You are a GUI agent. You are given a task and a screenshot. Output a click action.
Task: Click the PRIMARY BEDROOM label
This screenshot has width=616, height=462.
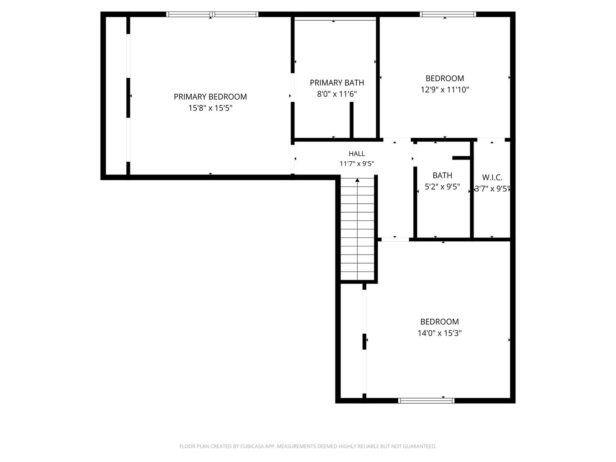pos(210,97)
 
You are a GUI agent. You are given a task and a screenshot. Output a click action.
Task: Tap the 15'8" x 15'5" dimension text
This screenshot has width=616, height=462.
pos(210,108)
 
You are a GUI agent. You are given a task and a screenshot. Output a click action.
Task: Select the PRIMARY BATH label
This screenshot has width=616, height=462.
pos(337,83)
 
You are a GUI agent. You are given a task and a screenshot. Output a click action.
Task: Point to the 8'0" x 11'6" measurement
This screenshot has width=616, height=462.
pos(337,94)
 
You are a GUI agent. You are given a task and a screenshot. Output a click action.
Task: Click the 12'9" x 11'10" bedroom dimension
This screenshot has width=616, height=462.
pos(445,90)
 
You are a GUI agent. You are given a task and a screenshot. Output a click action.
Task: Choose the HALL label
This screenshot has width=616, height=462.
pos(357,154)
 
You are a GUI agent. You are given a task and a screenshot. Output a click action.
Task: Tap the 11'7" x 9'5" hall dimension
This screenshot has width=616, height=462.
pos(357,163)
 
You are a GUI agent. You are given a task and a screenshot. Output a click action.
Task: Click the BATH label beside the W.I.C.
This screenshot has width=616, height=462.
pos(442,175)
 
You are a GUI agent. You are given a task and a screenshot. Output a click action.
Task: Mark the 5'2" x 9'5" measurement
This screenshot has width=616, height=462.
pos(442,187)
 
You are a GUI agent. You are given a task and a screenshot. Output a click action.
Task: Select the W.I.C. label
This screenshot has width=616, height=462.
pos(492,178)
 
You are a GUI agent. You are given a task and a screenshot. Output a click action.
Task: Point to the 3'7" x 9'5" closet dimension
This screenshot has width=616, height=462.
pos(492,189)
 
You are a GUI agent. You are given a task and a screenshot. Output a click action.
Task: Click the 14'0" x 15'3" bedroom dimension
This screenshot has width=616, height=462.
pos(439,333)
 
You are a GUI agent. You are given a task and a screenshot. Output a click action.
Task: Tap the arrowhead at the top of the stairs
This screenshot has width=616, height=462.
pos(357,180)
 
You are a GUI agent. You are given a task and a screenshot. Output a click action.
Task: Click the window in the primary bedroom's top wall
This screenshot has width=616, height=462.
pos(212,14)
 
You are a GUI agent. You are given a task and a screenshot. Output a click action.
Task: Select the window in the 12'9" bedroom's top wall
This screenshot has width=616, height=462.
pos(448,14)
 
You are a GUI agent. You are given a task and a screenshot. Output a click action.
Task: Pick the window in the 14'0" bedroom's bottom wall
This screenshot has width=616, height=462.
pos(426,400)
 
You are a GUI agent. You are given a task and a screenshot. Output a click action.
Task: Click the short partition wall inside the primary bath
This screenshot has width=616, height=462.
pos(351,120)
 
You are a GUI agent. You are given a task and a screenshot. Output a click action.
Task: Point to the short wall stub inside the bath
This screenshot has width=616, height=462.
pos(461,158)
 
